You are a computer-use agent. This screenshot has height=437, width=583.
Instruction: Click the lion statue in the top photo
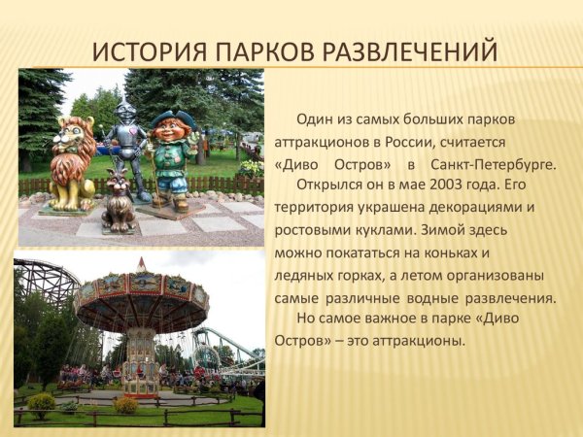point(73,160)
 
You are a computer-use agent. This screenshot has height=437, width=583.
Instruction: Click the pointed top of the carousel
point(142,263)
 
